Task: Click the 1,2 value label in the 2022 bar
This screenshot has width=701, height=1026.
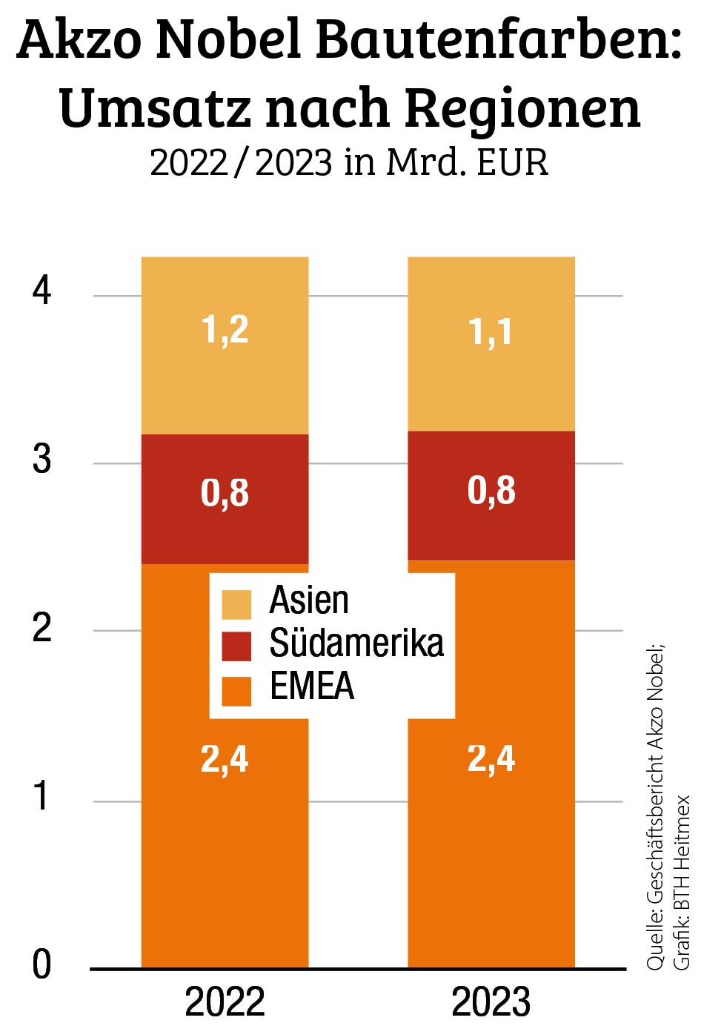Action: click(225, 329)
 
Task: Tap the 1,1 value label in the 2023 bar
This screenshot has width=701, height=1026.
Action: click(491, 331)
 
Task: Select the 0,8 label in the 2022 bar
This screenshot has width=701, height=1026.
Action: click(225, 493)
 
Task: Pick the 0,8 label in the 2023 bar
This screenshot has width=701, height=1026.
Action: click(491, 491)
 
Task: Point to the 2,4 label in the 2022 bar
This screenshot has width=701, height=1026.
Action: click(225, 758)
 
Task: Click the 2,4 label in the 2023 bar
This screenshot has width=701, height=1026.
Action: click(491, 758)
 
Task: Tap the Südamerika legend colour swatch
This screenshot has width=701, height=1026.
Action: click(236, 646)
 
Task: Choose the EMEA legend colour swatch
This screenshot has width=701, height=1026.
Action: click(236, 690)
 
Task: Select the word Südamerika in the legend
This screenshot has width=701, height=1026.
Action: click(356, 643)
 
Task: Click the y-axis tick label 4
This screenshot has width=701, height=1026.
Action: click(42, 291)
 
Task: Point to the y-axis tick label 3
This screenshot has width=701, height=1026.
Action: click(42, 460)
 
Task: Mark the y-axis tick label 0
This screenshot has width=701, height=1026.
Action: click(42, 965)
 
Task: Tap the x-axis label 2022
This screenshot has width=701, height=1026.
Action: click(225, 1003)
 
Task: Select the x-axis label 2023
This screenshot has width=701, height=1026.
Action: click(491, 1003)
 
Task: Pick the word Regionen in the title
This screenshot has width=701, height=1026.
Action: click(523, 108)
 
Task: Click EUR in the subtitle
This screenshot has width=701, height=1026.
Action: click(513, 162)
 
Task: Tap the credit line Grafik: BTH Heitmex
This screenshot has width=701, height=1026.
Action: click(681, 882)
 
